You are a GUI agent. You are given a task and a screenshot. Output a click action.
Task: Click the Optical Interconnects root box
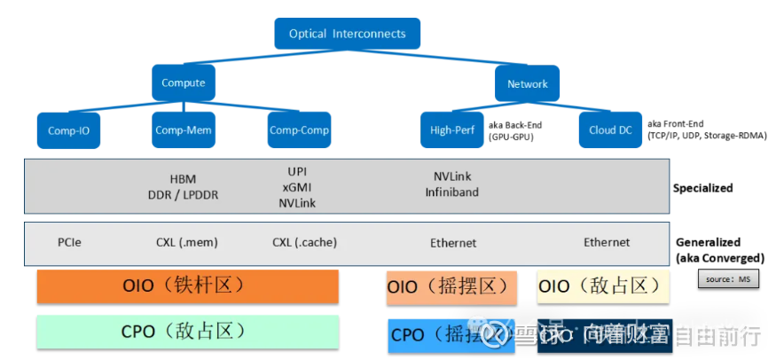tap(347, 34)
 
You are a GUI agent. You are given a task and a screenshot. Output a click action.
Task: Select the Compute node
tap(184, 83)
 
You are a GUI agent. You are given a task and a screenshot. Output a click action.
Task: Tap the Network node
tap(527, 84)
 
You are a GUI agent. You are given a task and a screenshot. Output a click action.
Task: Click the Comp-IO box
tap(69, 130)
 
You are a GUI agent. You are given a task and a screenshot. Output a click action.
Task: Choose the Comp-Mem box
tap(184, 129)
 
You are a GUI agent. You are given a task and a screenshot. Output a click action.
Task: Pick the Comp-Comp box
tap(299, 129)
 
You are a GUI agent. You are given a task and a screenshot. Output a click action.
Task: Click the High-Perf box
tap(451, 130)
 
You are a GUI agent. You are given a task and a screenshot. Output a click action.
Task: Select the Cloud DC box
tap(610, 130)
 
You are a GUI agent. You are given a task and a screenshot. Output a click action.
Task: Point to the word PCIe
tap(69, 242)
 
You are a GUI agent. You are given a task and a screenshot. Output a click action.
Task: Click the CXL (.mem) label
tap(187, 242)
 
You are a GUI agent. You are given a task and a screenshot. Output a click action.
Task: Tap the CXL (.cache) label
tap(304, 242)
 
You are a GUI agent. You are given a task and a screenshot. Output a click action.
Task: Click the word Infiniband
tap(451, 192)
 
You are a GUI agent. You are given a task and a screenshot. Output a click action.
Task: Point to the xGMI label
tap(296, 186)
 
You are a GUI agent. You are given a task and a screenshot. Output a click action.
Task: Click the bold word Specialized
tap(702, 188)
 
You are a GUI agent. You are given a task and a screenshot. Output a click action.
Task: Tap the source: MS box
tap(728, 280)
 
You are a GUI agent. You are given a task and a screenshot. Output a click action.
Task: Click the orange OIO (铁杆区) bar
tap(187, 287)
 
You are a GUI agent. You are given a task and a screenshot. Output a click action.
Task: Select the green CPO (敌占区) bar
tap(187, 332)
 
